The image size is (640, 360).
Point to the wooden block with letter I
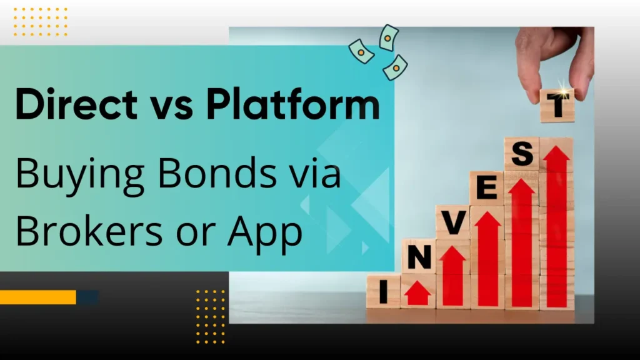point(383,291)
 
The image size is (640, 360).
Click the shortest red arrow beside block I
point(417,292)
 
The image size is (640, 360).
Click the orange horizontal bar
point(37,297)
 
